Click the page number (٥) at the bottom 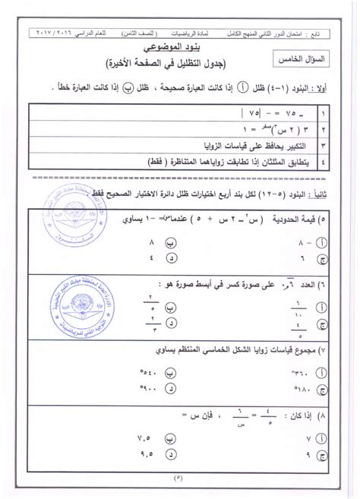pyautogui.click(x=179, y=486)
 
